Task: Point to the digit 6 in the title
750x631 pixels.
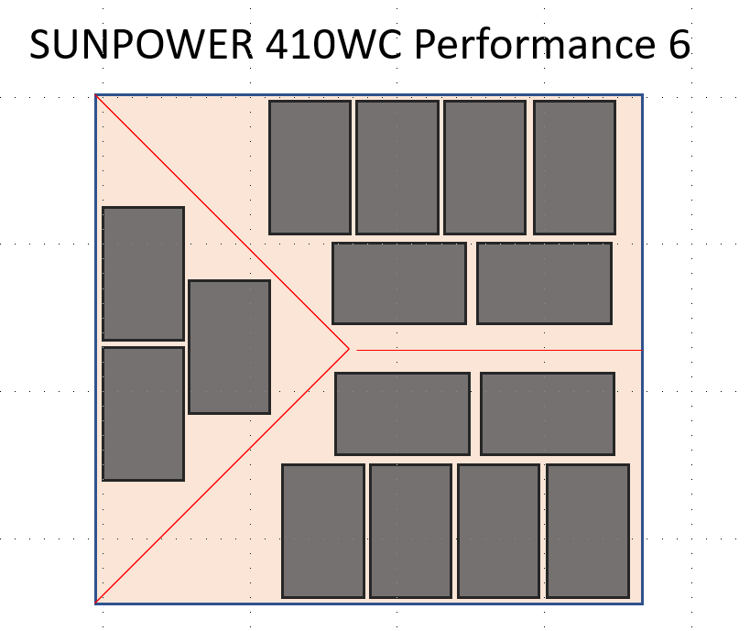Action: coord(677,45)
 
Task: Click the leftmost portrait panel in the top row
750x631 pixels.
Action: coord(310,167)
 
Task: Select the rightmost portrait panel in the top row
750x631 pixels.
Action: coord(574,167)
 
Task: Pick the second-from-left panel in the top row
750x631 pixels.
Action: coord(397,167)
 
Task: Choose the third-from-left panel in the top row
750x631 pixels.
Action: coord(484,167)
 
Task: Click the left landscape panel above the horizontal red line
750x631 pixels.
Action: coord(398,283)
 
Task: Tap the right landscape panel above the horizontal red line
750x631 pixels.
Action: coord(544,283)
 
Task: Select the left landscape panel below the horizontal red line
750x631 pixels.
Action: coord(402,413)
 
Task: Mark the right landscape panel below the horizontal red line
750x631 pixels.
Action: coord(548,413)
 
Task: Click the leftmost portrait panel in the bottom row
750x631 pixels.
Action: coord(322,531)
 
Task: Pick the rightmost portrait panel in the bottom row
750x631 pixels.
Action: coord(588,531)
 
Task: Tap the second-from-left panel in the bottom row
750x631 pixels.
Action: coord(410,531)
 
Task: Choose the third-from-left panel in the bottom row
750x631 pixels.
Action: coord(498,531)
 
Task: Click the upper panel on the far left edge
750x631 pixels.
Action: coord(143,273)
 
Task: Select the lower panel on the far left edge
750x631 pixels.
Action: coord(143,413)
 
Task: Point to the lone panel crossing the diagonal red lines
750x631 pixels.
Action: coord(229,346)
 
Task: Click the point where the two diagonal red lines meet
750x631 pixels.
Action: coord(349,349)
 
